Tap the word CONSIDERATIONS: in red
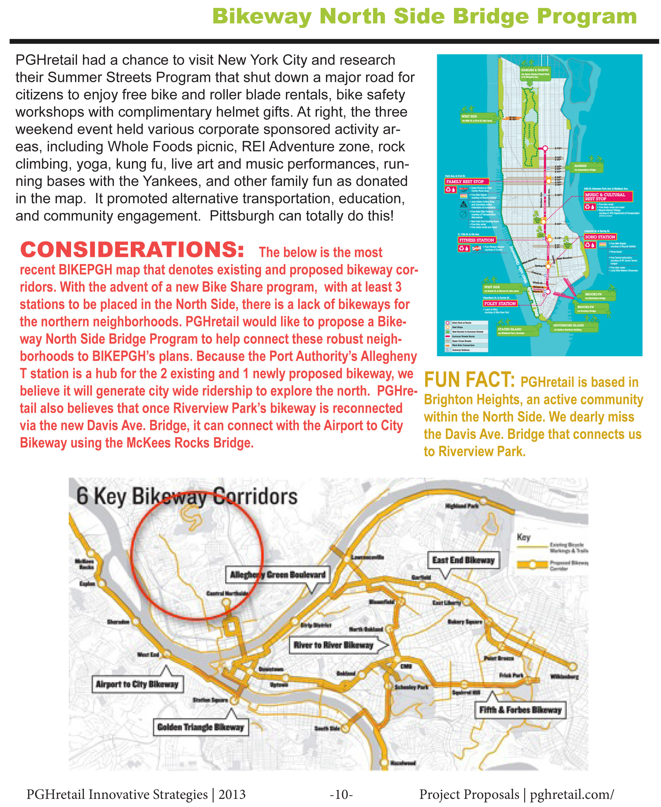click(x=132, y=250)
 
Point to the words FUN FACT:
click(x=469, y=380)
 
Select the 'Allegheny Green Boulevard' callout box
click(x=278, y=575)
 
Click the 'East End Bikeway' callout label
click(x=463, y=560)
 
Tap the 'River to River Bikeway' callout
click(x=333, y=645)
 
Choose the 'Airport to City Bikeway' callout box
click(x=137, y=684)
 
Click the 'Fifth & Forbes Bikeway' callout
click(x=520, y=710)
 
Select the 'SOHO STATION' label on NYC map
click(x=600, y=237)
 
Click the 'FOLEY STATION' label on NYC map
click(x=500, y=303)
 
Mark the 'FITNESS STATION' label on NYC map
click(x=476, y=240)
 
